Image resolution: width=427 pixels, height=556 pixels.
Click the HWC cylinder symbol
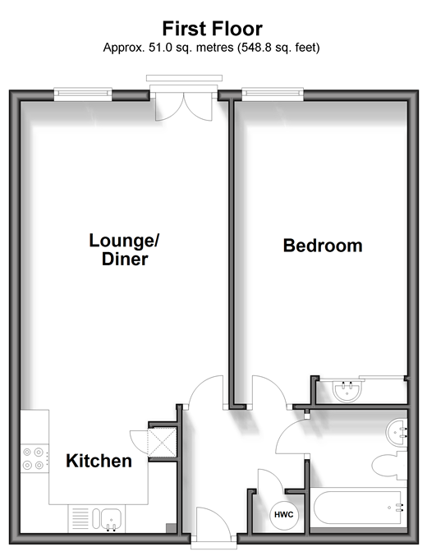284,514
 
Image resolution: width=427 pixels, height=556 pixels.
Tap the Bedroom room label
323,246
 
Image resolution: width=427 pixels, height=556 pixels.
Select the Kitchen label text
99,461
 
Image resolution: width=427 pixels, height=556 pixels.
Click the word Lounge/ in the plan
124,241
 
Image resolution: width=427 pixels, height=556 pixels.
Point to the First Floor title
213,29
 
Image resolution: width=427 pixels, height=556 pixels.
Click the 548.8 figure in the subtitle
254,48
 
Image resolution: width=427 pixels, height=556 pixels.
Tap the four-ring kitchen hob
34,458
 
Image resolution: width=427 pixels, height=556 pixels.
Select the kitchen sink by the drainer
108,520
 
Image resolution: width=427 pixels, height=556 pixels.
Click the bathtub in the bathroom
357,508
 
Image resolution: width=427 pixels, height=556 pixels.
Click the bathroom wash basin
396,433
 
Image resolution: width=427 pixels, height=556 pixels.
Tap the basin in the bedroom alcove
347,391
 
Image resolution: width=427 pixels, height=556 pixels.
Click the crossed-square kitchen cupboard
162,443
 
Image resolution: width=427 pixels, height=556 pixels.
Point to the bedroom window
273,94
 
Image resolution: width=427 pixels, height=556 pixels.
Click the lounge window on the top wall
83,94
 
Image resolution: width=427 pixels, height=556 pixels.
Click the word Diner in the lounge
125,259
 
